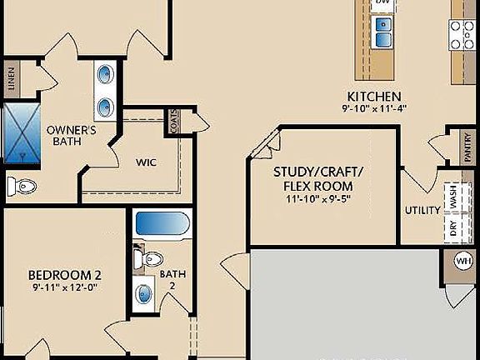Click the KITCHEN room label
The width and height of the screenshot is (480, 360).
coord(375,96)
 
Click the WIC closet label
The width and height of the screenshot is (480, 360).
coord(147,162)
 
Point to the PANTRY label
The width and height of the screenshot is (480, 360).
coord(467,146)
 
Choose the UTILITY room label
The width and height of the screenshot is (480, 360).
coord(422,210)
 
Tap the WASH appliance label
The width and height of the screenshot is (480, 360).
coord(454,197)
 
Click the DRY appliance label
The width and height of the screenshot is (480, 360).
coord(454,228)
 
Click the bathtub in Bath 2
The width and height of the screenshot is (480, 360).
coord(163,224)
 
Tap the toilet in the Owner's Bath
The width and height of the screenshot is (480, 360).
coord(18,184)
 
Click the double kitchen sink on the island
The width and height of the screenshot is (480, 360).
coord(382,32)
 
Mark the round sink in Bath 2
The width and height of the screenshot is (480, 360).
coord(146,293)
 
